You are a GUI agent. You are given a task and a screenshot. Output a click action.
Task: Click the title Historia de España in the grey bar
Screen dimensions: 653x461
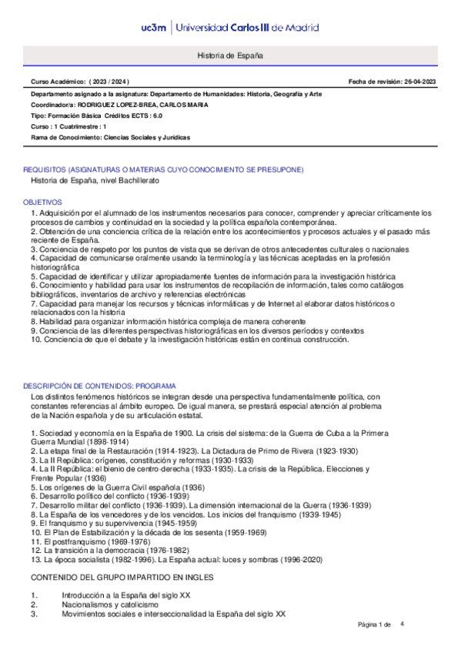coord(230,57)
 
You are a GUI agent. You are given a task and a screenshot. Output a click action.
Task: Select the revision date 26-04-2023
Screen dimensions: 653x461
coord(416,81)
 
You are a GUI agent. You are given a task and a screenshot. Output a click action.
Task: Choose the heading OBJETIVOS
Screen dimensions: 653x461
coord(43,201)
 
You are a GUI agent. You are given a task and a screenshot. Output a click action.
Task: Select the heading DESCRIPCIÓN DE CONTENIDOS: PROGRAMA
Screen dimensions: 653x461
coord(95,385)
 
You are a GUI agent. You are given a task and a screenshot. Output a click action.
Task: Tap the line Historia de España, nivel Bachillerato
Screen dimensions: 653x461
coord(94,180)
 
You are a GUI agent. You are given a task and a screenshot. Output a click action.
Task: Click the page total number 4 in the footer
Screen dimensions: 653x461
coord(402,624)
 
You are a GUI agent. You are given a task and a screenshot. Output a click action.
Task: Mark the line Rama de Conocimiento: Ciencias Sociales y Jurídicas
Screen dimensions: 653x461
coord(110,137)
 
